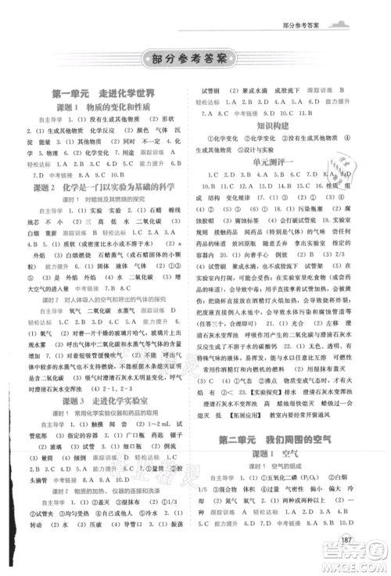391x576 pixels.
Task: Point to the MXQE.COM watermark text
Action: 355,568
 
